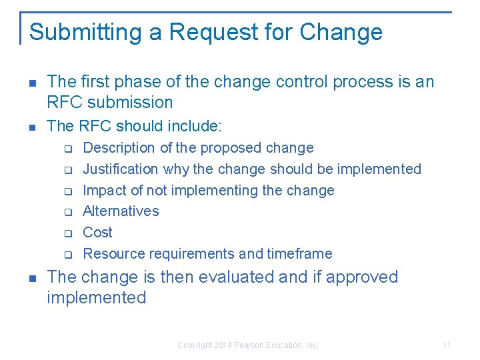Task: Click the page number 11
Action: (447, 345)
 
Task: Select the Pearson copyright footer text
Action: (248, 345)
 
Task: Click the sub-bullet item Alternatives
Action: (121, 211)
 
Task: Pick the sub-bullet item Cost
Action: (97, 233)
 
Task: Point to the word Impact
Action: (103, 191)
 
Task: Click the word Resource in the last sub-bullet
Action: (113, 254)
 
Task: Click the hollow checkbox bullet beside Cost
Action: (68, 233)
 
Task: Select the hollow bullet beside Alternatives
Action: (68, 212)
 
